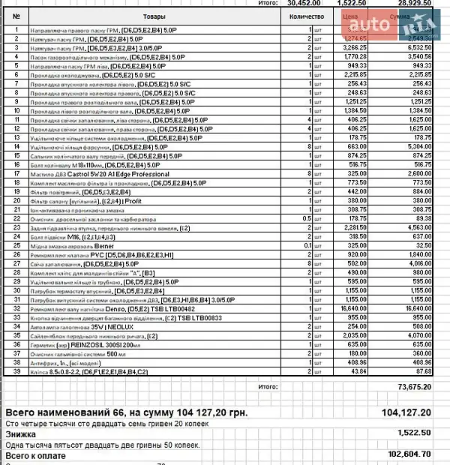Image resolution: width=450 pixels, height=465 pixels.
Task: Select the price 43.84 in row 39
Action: (x=358, y=370)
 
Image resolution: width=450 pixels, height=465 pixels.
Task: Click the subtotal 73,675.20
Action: (x=415, y=387)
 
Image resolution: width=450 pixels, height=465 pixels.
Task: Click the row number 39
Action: (x=16, y=370)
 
